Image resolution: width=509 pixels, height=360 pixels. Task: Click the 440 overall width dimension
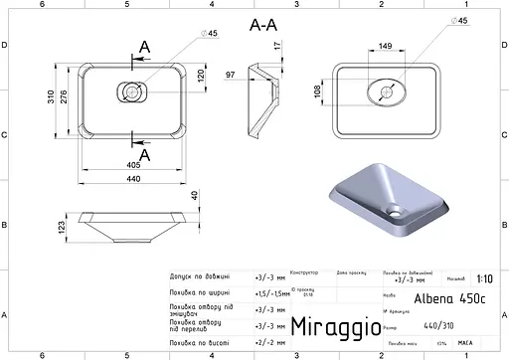[131, 178]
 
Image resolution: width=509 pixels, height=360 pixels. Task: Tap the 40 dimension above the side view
[195, 194]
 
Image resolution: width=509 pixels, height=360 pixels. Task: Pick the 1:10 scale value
[483, 280]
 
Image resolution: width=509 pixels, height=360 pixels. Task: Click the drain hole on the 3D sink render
[397, 211]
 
